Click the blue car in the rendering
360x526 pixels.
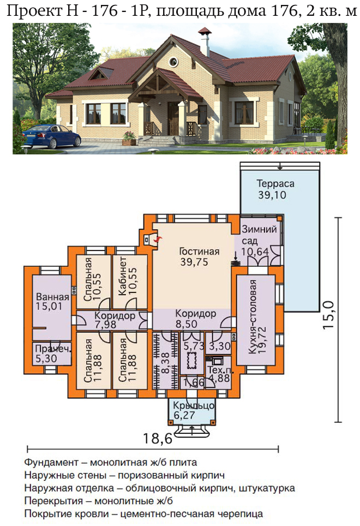[x=51, y=136]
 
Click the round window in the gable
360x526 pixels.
[x=173, y=62]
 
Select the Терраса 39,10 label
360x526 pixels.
[x=271, y=189]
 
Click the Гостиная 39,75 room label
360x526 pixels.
[x=199, y=256]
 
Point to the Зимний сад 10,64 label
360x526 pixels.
[x=259, y=240]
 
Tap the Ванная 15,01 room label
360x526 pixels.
[x=52, y=301]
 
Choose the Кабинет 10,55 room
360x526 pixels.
[x=128, y=276]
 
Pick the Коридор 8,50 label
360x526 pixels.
[x=195, y=319]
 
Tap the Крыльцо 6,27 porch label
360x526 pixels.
[x=194, y=410]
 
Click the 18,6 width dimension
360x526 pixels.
[x=157, y=438]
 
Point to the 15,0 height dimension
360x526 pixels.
[x=328, y=315]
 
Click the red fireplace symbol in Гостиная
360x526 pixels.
[x=158, y=239]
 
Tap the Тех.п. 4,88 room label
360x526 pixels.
[x=220, y=374]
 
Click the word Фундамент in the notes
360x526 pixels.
[x=51, y=462]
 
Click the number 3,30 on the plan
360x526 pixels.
[x=220, y=345]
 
